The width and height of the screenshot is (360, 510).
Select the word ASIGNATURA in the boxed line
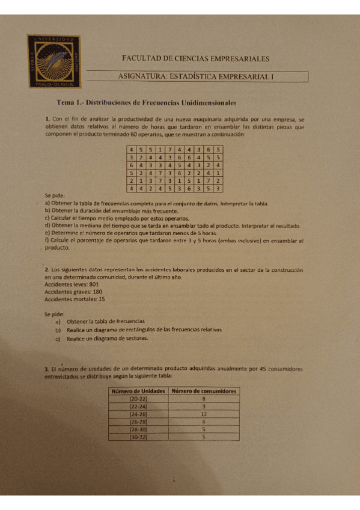pyautogui.click(x=143, y=76)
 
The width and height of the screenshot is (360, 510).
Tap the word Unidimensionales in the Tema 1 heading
pyautogui.click(x=207, y=103)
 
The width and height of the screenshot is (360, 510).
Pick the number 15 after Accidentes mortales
pyautogui.click(x=101, y=298)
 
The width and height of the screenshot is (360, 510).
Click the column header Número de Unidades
pyautogui.click(x=138, y=391)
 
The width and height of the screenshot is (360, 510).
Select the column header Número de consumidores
pyautogui.click(x=204, y=391)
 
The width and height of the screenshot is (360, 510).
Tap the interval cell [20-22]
pyautogui.click(x=138, y=399)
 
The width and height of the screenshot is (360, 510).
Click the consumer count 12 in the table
pyautogui.click(x=204, y=414)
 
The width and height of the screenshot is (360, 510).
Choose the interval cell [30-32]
pyautogui.click(x=138, y=437)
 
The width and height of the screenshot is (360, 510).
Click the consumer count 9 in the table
pyautogui.click(x=204, y=407)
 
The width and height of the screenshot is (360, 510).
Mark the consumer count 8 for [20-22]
pyautogui.click(x=204, y=399)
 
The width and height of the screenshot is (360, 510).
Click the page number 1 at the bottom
pyautogui.click(x=174, y=479)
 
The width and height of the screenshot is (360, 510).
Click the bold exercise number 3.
pyautogui.click(x=46, y=368)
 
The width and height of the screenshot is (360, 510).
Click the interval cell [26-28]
pyautogui.click(x=138, y=422)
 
